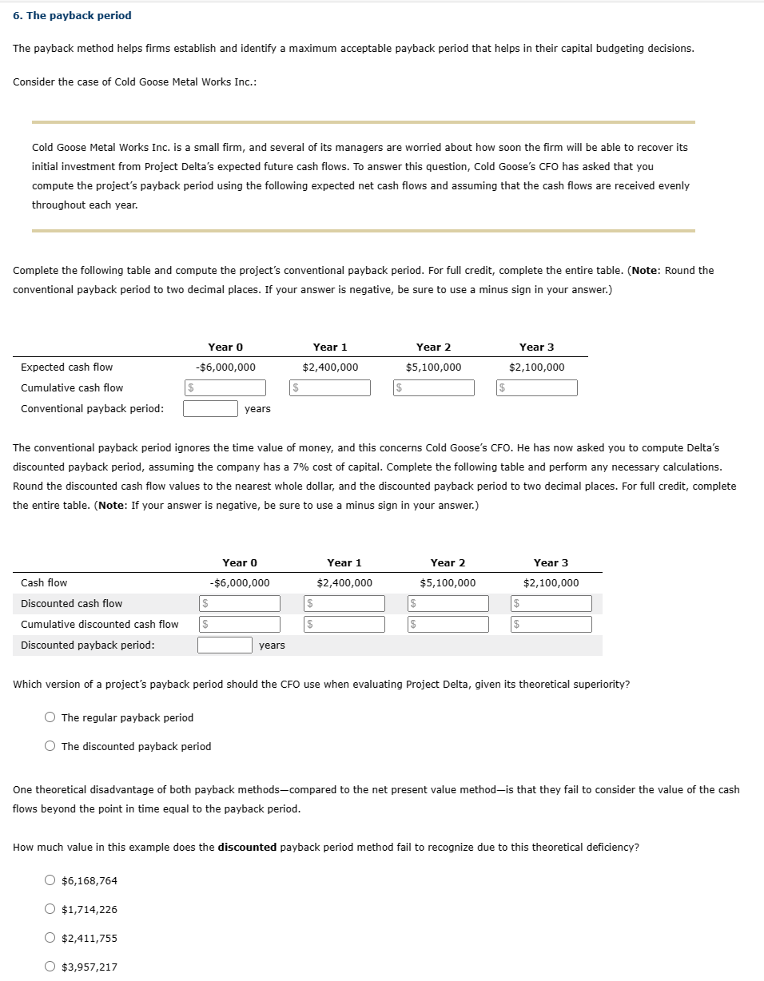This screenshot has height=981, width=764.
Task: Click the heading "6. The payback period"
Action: point(72,16)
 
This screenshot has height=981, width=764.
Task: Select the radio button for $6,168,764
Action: point(50,880)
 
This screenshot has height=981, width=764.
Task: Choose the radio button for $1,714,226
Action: point(50,909)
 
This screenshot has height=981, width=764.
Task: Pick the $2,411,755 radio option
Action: point(50,938)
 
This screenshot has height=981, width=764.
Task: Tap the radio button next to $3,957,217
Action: point(50,967)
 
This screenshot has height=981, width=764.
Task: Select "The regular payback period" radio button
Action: point(50,717)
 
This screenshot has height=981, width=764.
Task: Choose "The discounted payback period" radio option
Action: point(50,746)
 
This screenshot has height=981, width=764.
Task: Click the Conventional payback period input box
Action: point(210,408)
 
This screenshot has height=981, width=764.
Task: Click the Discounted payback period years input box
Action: point(225,645)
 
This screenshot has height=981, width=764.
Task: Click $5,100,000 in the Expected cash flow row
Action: point(433,367)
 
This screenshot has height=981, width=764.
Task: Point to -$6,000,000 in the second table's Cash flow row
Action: point(239,583)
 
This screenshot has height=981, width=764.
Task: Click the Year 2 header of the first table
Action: point(433,347)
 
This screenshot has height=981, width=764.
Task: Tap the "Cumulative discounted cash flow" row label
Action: point(100,624)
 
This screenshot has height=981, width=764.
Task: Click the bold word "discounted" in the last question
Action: point(247,847)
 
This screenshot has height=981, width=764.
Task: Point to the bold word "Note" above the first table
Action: point(646,270)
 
